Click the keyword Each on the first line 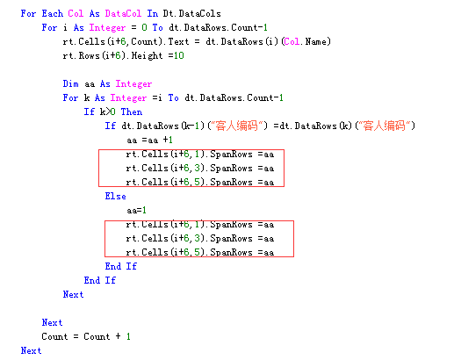click(53, 13)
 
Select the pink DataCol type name click(123, 13)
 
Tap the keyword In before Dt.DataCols click(152, 13)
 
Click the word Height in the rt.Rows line click(147, 56)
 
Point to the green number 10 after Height click(179, 56)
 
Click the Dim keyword click(70, 83)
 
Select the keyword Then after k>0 click(132, 112)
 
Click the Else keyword click(116, 197)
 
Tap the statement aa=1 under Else click(136, 211)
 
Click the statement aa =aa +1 click(149, 140)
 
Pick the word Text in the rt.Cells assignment click(178, 42)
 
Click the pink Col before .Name click(292, 42)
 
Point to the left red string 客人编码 click(237, 126)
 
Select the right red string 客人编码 click(385, 126)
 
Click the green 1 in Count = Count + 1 click(128, 336)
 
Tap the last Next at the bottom click(31, 350)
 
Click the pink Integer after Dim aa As click(133, 84)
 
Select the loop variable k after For click(87, 97)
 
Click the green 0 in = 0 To click(144, 27)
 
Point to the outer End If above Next click(100, 281)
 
